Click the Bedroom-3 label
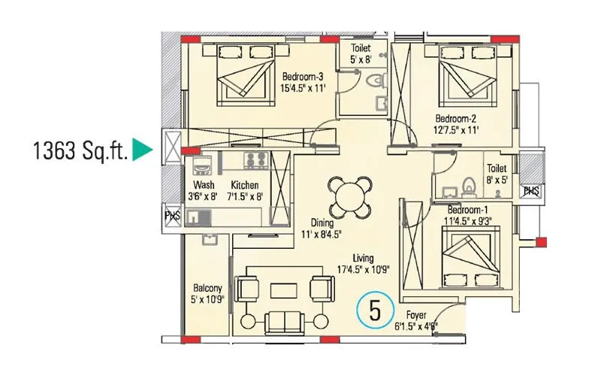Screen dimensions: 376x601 [303, 77]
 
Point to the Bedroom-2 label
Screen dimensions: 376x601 [456, 119]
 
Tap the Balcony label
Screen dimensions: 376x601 [207, 288]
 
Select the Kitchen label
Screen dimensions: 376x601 [245, 185]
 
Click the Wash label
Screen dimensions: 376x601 [204, 185]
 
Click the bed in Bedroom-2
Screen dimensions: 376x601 [462, 75]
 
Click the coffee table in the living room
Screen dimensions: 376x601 [284, 289]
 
